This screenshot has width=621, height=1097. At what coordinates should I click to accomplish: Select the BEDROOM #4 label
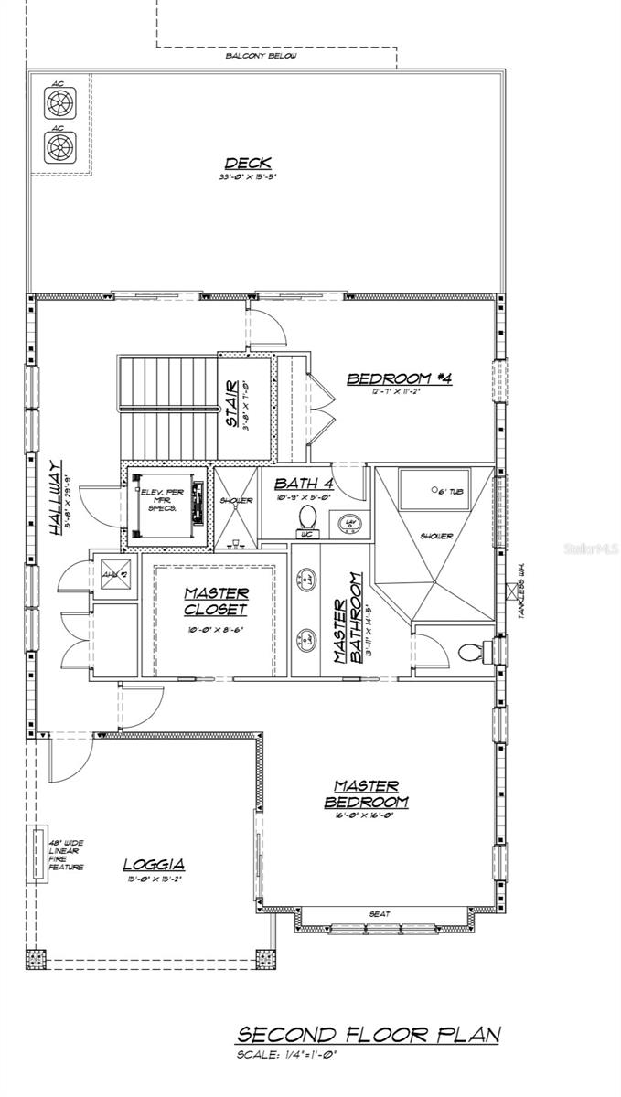click(400, 378)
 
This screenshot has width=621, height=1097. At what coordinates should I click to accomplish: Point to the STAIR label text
click(233, 403)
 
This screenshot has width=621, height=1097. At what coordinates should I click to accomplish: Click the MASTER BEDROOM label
click(365, 793)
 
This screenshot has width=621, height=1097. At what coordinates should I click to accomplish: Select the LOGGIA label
click(154, 864)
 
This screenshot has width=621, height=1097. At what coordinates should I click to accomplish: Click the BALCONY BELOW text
click(261, 56)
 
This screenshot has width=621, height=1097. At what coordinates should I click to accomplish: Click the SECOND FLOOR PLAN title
click(369, 1035)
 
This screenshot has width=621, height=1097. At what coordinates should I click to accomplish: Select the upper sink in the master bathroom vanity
click(310, 580)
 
